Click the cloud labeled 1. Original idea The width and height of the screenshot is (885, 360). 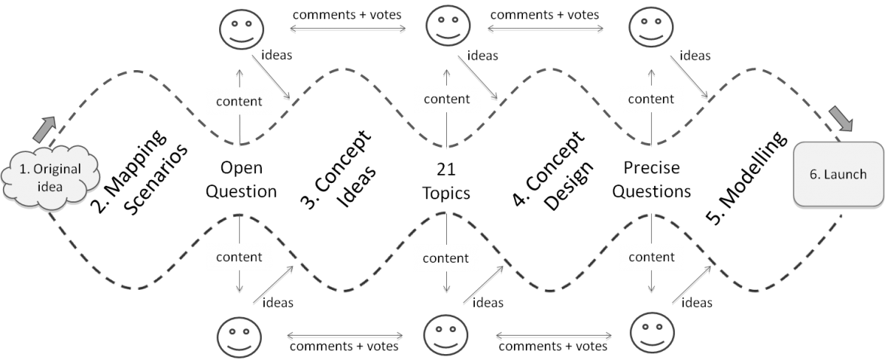50,178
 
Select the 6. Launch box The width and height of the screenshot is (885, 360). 839,174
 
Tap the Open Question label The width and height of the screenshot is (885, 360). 241,179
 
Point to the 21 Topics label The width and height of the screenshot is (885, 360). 446,181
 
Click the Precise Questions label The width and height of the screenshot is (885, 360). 651,179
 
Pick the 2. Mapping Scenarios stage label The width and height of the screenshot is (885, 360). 139,172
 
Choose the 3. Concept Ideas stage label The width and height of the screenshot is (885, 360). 339,169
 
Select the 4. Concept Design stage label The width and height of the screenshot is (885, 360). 553,170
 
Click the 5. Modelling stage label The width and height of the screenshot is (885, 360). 746,178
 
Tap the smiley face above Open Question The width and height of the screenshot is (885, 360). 241,30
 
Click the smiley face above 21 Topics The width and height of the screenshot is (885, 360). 448,26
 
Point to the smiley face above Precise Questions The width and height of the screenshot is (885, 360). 651,27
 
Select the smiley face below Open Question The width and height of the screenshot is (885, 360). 239,337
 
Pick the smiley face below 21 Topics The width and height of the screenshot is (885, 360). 445,335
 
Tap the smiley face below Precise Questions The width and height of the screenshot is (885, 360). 652,333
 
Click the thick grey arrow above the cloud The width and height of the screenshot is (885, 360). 44,129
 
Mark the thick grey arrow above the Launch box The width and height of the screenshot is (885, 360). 841,118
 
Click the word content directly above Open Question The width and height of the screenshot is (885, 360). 239,102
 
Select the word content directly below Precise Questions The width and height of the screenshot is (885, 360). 651,257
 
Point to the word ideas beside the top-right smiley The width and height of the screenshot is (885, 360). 695,56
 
